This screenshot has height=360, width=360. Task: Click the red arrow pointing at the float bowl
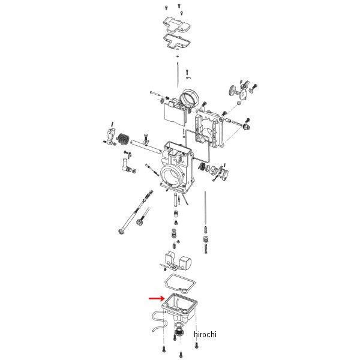coord(157,298)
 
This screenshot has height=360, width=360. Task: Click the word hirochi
coord(205,334)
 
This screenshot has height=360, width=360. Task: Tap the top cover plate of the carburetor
coord(176,25)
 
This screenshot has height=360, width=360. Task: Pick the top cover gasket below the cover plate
coord(177,41)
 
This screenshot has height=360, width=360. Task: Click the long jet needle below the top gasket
coord(178,75)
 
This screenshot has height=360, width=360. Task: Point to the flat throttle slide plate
coord(175,116)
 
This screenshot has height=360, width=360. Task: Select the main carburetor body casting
coord(177,167)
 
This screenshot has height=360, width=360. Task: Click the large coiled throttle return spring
coord(123,140)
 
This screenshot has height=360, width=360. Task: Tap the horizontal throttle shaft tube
coord(146,146)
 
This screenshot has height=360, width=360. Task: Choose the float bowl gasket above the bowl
coord(180,284)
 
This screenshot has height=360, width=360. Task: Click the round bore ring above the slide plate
coord(190,98)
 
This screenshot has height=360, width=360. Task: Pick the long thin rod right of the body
coord(205,208)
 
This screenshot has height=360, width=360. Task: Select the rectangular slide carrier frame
coord(209,128)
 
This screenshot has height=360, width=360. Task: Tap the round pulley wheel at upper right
coord(233,91)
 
